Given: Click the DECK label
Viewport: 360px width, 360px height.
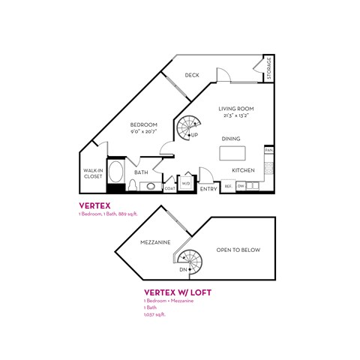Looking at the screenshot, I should [x=192, y=75].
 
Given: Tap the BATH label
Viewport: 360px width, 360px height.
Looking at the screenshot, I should [x=141, y=172].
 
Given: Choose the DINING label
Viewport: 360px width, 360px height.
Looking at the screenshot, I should [x=231, y=139].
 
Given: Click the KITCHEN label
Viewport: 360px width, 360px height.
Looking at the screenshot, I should [x=243, y=170].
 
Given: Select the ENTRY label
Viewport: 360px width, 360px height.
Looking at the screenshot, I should [x=208, y=189].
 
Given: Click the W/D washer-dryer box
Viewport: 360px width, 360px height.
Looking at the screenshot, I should [x=186, y=183].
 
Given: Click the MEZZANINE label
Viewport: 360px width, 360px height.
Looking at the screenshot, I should [x=155, y=242].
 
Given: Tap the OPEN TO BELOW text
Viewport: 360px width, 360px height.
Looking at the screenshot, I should [x=238, y=250].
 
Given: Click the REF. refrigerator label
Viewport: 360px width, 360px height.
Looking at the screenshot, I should [x=227, y=185].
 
